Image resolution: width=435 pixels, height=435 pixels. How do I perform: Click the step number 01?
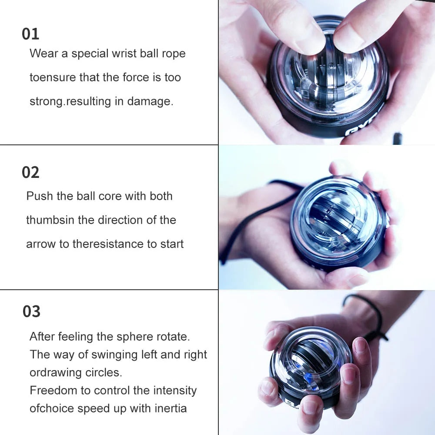(30, 34)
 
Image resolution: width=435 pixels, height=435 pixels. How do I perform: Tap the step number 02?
(30, 173)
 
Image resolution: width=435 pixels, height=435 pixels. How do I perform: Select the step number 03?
(31, 311)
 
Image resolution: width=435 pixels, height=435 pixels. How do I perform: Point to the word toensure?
(53, 78)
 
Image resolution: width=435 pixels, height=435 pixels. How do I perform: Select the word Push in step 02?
(38, 196)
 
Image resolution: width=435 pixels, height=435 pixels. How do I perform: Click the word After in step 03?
(42, 337)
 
